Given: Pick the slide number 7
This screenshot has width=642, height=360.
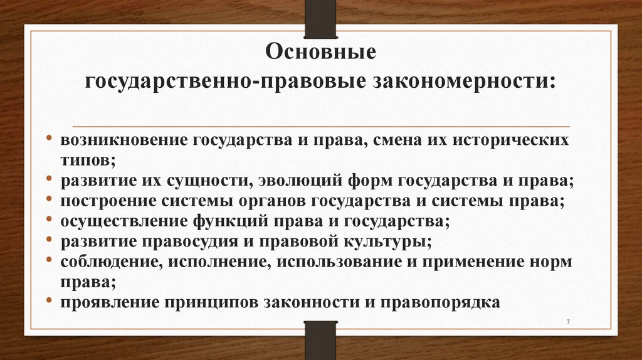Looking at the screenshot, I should click(568, 322).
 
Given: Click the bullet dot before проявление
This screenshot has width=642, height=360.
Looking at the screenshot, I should click(49, 302).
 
